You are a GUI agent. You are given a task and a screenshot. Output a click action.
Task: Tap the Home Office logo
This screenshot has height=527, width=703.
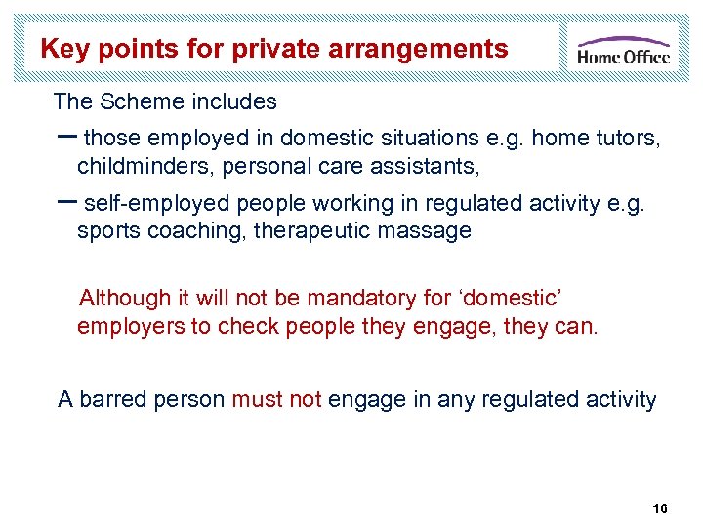[623, 49]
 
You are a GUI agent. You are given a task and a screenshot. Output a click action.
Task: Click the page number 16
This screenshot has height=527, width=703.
[659, 509]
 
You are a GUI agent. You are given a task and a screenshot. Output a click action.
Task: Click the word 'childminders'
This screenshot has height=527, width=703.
[146, 166]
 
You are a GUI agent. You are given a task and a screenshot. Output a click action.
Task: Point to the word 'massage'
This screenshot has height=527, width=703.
[427, 230]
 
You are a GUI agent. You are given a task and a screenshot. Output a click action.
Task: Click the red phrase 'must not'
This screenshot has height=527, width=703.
[276, 399]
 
